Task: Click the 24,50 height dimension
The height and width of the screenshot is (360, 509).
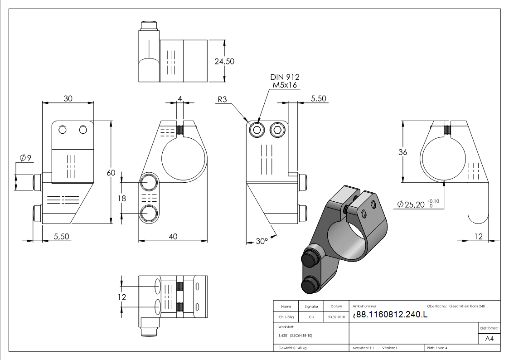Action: pyautogui.click(x=224, y=61)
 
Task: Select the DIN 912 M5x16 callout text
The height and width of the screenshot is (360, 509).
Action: pyautogui.click(x=285, y=81)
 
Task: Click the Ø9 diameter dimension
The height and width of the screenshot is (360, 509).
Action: pyautogui.click(x=25, y=158)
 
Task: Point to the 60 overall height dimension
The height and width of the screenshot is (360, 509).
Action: pyautogui.click(x=111, y=172)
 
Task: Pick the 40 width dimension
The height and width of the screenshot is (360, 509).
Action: pyautogui.click(x=173, y=236)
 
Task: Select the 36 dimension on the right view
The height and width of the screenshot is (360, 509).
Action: pyautogui.click(x=402, y=152)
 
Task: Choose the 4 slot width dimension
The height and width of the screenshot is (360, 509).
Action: pyautogui.click(x=180, y=98)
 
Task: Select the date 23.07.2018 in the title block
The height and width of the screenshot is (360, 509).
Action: pyautogui.click(x=336, y=317)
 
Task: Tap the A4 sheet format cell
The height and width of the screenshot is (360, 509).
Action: pyautogui.click(x=489, y=339)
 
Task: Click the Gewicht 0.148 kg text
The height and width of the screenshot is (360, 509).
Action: pyautogui.click(x=293, y=348)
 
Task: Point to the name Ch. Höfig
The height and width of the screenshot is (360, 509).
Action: pyautogui.click(x=286, y=317)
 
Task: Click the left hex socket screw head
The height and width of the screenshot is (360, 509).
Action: pyautogui.click(x=257, y=131)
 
